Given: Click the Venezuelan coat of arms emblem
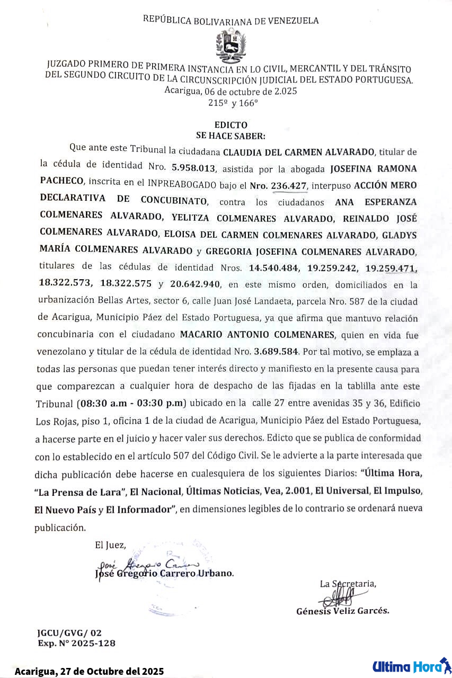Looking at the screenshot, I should click(x=231, y=45).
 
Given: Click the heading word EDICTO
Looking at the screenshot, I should click(x=231, y=126).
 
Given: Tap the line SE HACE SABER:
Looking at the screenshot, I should click(x=231, y=136).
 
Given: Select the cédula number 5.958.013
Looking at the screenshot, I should click(x=193, y=168).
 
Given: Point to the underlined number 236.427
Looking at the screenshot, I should click(x=288, y=186).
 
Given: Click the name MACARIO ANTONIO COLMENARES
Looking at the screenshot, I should click(x=258, y=335).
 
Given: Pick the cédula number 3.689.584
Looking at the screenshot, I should click(x=276, y=351).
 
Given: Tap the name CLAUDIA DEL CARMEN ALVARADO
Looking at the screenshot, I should click(x=299, y=152).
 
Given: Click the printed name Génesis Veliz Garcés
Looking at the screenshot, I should click(x=342, y=611).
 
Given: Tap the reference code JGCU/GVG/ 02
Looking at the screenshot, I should click(x=69, y=632).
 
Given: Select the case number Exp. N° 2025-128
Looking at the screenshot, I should click(x=76, y=643).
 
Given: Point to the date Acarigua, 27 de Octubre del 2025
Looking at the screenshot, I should click(x=89, y=671).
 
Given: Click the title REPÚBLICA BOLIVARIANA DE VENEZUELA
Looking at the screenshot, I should click(x=231, y=21).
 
